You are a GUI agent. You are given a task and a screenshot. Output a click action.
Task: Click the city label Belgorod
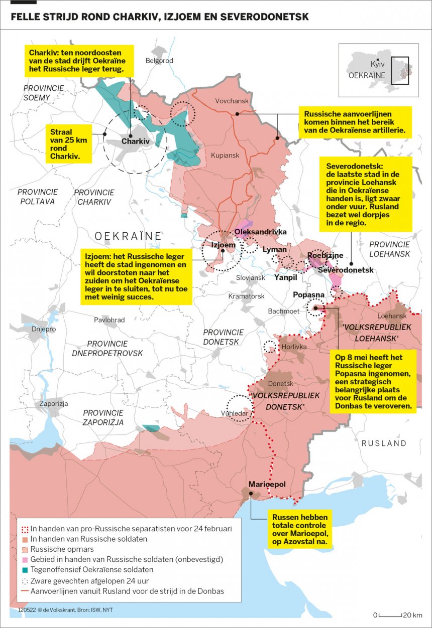pyautogui.click(x=159, y=61)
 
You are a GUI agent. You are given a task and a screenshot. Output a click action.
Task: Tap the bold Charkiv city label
pyautogui.click(x=136, y=142)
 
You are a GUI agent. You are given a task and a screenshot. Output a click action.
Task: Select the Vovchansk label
pyautogui.click(x=232, y=101)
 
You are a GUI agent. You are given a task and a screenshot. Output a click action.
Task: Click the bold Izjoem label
pyautogui.click(x=223, y=245)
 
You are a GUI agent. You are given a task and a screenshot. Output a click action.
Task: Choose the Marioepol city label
pyautogui.click(x=267, y=484)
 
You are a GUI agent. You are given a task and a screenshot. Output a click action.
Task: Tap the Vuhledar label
pyautogui.click(x=235, y=413)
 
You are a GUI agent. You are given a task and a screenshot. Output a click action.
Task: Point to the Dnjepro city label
pyautogui.click(x=44, y=330)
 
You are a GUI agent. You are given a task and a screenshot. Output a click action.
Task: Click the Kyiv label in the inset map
pyautogui.click(x=378, y=65)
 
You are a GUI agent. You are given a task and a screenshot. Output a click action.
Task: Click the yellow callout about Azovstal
pyautogui.click(x=300, y=529)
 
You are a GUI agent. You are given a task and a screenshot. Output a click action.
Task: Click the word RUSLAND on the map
pyautogui.click(x=384, y=443)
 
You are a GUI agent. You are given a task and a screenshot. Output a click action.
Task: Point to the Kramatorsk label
pyautogui.click(x=246, y=296)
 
